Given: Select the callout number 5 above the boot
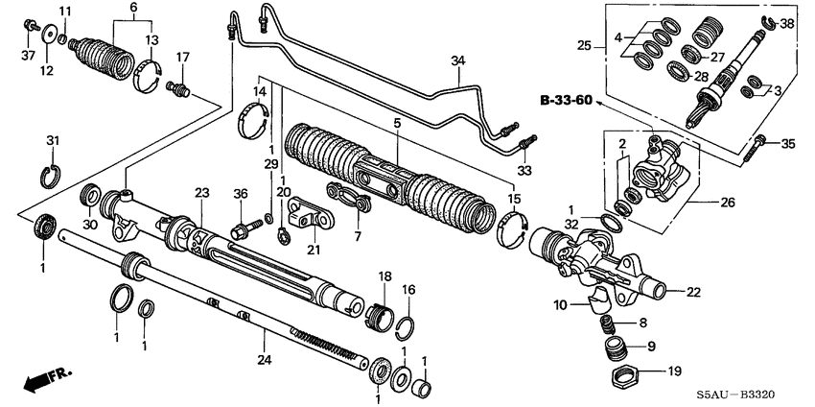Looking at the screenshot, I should pos(397,123).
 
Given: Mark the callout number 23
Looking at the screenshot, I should pos(201,193).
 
